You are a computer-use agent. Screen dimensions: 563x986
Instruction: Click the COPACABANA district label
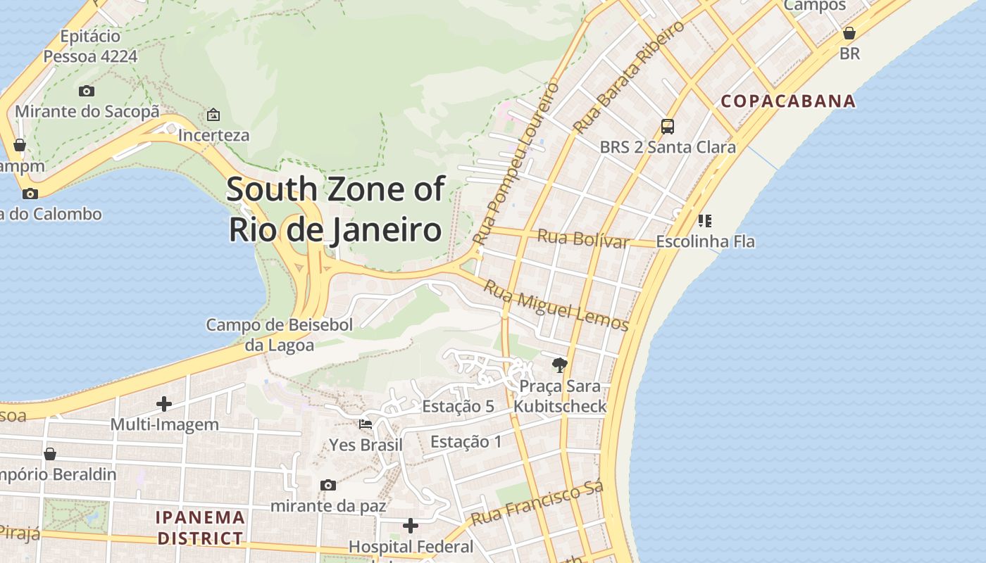tap(788, 101)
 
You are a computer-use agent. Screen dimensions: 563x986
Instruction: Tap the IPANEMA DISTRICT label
tap(200, 528)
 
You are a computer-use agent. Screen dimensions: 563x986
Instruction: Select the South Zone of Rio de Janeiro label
tap(335, 210)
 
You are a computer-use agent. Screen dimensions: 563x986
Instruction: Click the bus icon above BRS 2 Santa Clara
tap(668, 127)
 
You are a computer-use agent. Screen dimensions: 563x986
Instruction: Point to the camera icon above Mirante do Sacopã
tap(87, 91)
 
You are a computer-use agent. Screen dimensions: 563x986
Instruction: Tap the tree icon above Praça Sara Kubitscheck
tap(560, 365)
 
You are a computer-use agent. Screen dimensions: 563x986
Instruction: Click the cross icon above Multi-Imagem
tap(164, 404)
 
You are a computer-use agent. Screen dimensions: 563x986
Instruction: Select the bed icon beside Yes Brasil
tap(366, 424)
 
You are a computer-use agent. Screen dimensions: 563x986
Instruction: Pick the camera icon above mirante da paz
tap(328, 485)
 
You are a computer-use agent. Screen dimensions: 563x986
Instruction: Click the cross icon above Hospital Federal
tap(411, 526)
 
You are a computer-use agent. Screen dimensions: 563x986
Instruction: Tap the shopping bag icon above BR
tap(849, 33)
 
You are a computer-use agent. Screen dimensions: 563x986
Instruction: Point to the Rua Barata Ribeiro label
tap(629, 77)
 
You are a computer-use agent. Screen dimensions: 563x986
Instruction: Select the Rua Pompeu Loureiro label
tap(516, 163)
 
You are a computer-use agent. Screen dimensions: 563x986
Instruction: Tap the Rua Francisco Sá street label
tap(537, 504)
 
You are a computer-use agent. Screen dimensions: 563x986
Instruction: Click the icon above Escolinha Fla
tap(704, 221)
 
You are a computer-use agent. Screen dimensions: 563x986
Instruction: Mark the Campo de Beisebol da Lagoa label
tap(280, 334)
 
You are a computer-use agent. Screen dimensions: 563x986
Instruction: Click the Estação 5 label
tap(458, 406)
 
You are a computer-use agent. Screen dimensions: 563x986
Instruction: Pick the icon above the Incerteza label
tap(213, 115)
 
